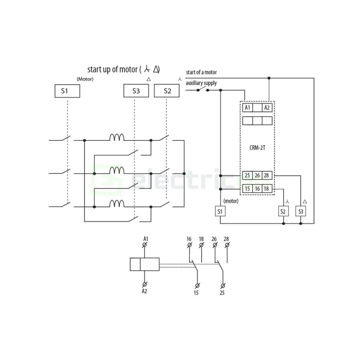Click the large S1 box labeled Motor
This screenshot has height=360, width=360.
click(67, 91)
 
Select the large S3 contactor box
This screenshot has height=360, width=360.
click(136, 91)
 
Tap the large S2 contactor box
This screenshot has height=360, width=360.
click(167, 91)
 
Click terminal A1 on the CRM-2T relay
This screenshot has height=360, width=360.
click(248, 108)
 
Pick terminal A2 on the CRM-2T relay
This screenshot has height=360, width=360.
click(267, 108)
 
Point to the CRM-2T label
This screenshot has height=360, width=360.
click(257, 148)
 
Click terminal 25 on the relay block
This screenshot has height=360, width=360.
click(247, 176)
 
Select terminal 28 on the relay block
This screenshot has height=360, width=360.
click(267, 176)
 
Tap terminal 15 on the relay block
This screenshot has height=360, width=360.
click(247, 189)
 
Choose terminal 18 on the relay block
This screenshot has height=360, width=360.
click(267, 189)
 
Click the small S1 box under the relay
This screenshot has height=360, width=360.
click(220, 211)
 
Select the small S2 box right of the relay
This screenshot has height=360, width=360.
click(283, 211)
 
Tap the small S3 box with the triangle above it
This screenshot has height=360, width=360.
click(301, 211)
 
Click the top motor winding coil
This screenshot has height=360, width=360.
click(117, 137)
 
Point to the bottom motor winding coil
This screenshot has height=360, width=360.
click(117, 204)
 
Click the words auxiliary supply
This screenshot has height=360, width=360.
click(201, 83)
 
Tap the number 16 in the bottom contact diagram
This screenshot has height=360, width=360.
click(189, 239)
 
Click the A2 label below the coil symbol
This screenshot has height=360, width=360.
click(144, 291)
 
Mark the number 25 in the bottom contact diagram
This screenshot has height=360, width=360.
click(222, 293)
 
